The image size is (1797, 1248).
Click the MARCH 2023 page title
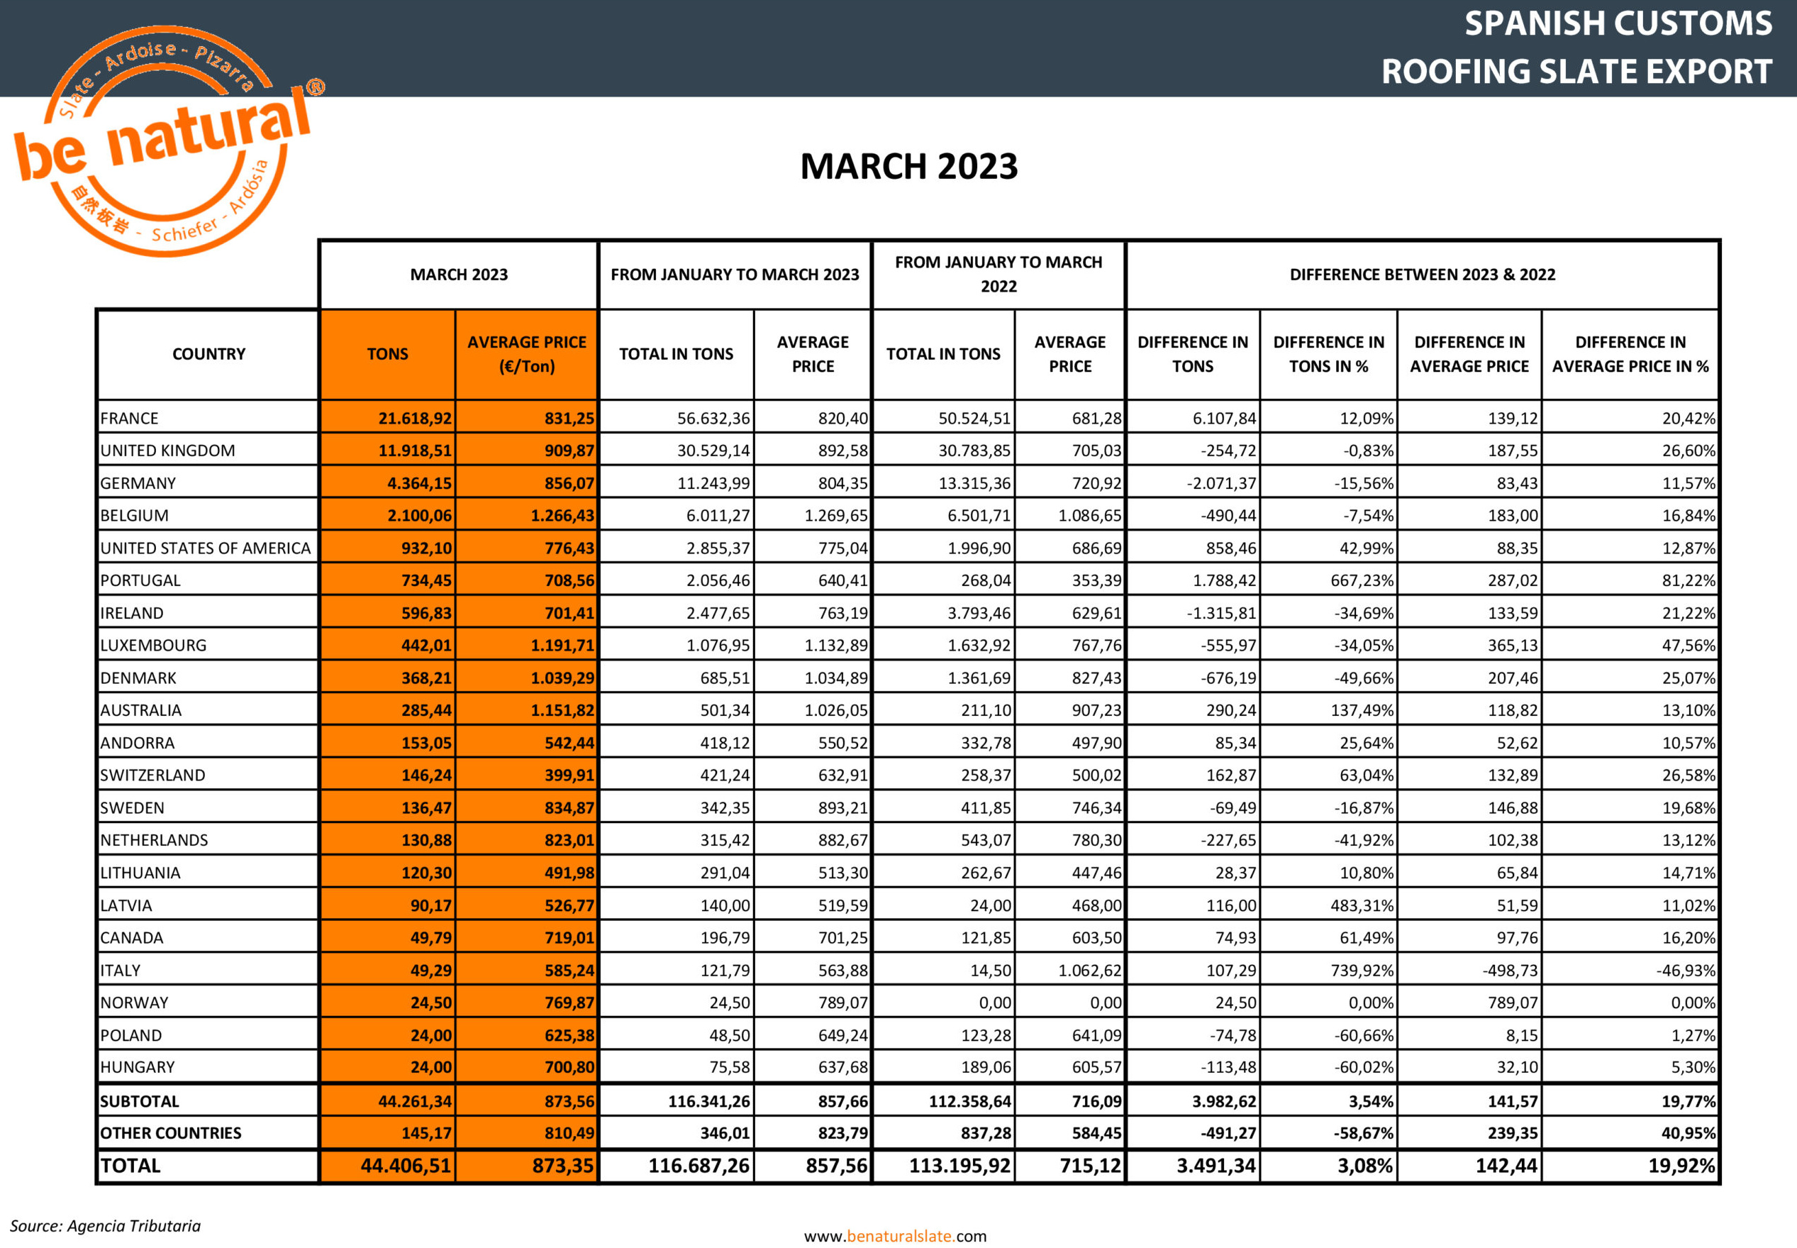tap(908, 167)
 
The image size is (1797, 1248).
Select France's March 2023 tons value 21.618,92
tap(414, 419)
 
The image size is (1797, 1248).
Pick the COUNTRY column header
tap(208, 354)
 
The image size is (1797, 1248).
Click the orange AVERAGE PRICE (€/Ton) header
tap(526, 354)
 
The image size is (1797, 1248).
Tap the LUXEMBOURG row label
tap(153, 645)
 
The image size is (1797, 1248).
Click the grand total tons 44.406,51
tap(405, 1166)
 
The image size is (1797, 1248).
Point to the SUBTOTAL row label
tap(140, 1101)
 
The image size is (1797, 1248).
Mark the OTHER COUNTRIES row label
tap(170, 1133)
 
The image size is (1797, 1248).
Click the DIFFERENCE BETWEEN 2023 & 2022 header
tap(1422, 275)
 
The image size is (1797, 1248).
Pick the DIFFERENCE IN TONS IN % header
tap(1328, 354)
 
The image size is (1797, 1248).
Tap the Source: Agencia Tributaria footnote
tap(106, 1225)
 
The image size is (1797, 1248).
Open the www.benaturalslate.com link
tap(895, 1235)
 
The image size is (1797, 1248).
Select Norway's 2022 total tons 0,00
tap(994, 1003)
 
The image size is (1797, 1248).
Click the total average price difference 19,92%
tap(1681, 1166)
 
